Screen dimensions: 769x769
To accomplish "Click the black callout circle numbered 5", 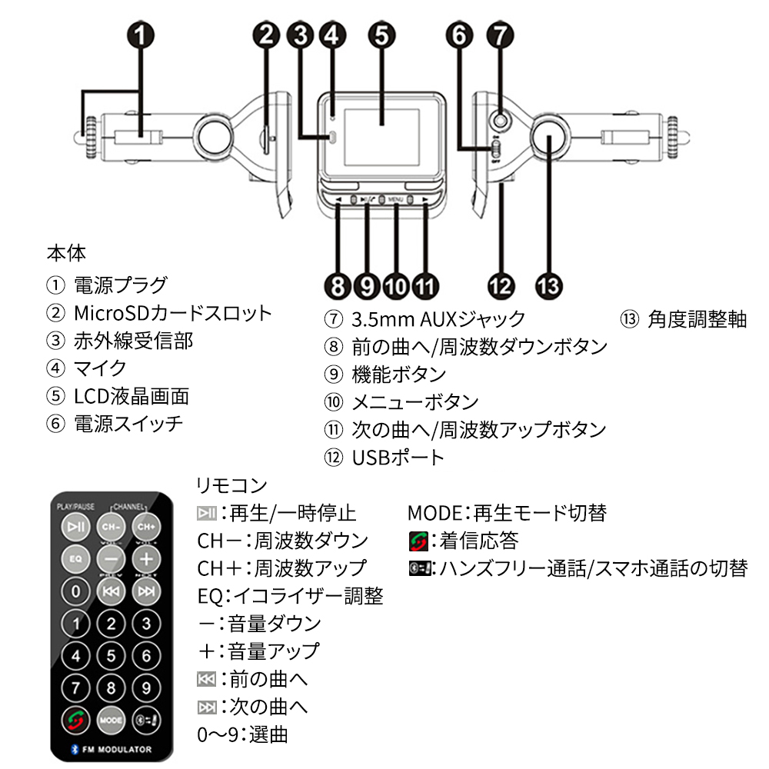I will [x=381, y=35].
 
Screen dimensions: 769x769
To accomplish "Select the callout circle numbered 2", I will [x=267, y=35].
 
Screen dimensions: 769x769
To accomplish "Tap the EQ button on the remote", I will [x=75, y=558].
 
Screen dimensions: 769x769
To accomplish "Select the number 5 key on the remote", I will [x=111, y=655].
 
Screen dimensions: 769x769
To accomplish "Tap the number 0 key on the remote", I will [x=75, y=591].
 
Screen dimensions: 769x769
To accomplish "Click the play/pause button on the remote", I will [x=75, y=528].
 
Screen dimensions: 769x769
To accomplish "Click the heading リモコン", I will [x=231, y=486].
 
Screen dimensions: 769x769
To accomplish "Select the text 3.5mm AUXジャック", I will [x=438, y=318].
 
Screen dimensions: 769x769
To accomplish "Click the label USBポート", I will [x=398, y=458].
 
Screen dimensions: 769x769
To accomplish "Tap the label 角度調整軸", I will [x=697, y=318].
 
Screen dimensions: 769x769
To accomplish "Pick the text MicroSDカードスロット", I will [x=173, y=313].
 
